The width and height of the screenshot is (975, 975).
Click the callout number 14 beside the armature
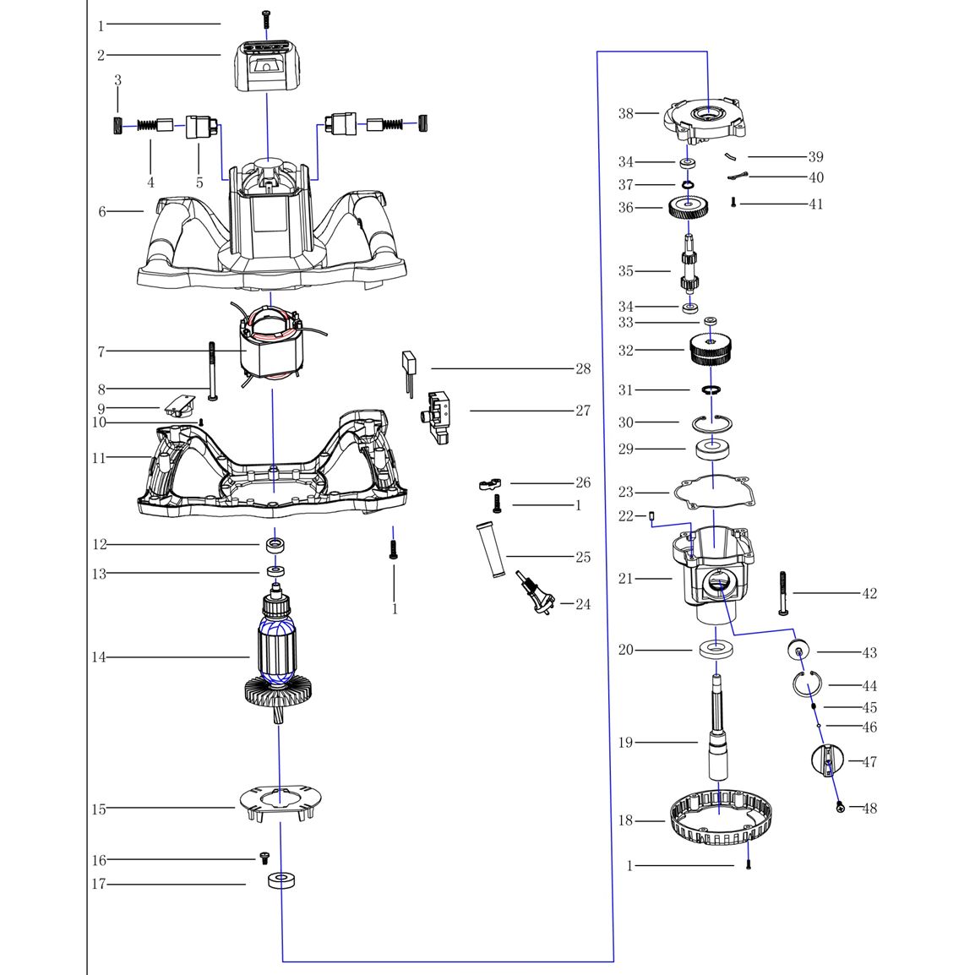coord(99,657)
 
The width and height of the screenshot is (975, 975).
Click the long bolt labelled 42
coord(782,592)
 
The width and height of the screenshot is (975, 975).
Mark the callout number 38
coord(625,113)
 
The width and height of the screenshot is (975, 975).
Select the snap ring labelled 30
coord(711,422)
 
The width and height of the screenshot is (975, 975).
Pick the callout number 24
coord(583,604)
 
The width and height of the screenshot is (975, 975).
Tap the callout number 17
coord(99,885)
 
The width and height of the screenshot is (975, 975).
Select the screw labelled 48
coord(840,808)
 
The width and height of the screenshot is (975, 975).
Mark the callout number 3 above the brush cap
coord(117,81)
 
